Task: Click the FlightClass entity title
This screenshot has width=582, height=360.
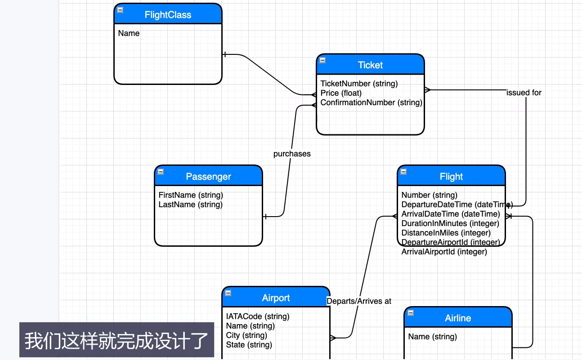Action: click(x=168, y=15)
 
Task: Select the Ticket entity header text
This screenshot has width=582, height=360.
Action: click(x=370, y=65)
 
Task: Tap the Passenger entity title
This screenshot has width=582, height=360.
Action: click(x=208, y=177)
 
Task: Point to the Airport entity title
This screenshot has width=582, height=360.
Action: click(x=276, y=298)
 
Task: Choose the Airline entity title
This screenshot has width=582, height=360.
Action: click(x=458, y=318)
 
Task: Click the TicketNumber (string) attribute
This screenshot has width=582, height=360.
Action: click(x=359, y=84)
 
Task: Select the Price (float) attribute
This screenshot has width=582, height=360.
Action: click(x=341, y=93)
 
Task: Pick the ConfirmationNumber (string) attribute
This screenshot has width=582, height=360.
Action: click(x=371, y=102)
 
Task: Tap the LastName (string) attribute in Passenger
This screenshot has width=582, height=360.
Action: click(x=190, y=204)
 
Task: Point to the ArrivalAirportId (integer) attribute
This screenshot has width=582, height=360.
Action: click(x=444, y=252)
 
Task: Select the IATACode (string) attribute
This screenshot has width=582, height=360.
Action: click(x=258, y=316)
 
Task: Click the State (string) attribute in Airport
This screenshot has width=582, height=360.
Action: click(x=249, y=345)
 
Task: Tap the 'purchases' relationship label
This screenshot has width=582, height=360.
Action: click(x=292, y=154)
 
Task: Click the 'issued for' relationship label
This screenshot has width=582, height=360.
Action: click(x=524, y=93)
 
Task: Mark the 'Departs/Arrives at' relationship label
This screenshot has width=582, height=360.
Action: click(x=359, y=301)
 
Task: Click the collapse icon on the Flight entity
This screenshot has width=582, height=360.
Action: click(x=403, y=172)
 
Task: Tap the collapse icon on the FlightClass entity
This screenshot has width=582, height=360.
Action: click(x=120, y=10)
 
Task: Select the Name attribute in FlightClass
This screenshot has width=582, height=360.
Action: click(x=129, y=33)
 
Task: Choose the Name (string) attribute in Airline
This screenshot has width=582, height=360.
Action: click(x=432, y=337)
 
